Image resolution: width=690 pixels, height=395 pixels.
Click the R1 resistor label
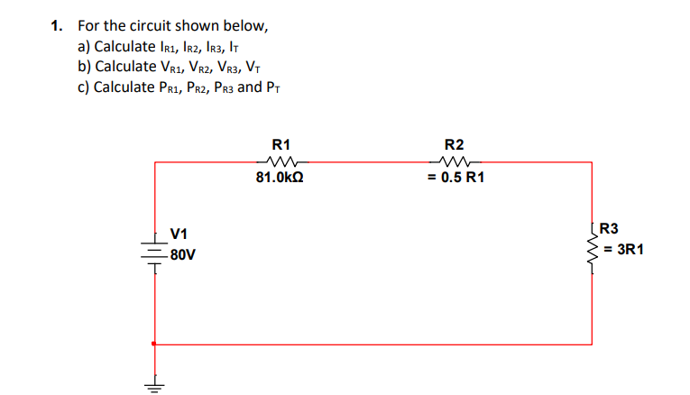[281, 144]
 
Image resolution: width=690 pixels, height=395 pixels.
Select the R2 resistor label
[455, 144]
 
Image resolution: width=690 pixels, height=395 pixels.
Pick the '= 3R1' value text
[622, 248]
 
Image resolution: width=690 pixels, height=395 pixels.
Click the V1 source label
[178, 234]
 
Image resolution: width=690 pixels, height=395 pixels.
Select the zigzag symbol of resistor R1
[281, 161]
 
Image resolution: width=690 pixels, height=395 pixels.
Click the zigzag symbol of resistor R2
[455, 161]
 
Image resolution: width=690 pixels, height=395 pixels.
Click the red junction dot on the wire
[154, 344]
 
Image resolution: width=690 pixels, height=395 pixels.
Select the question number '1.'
[58, 26]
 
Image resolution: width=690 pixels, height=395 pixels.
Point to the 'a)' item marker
[85, 46]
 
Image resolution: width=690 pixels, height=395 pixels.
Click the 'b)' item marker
[85, 67]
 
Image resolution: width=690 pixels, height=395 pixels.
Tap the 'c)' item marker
[84, 87]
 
